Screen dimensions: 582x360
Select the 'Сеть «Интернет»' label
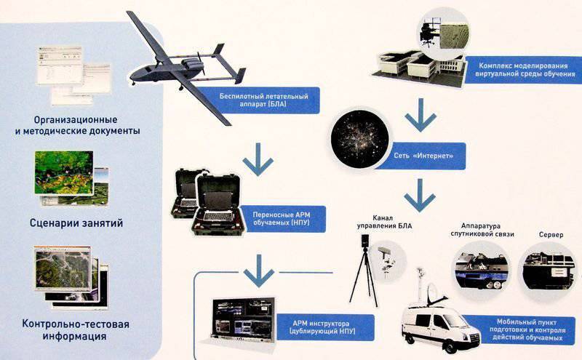coord(423,156)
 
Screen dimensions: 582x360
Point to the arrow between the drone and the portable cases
coord(258,159)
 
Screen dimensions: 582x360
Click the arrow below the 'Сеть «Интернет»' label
coord(420,195)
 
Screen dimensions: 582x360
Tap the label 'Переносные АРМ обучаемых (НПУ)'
coord(281,219)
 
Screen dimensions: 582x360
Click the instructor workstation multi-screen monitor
coord(243,319)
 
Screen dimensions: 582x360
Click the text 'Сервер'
coord(551,235)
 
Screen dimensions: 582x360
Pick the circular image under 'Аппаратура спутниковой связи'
coord(481,269)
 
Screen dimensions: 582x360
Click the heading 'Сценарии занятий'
coord(76,223)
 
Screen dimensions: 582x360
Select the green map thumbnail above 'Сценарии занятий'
coord(64,172)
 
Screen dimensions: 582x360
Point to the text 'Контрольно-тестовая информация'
coord(76,330)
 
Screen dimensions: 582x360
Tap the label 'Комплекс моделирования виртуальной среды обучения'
coord(523,70)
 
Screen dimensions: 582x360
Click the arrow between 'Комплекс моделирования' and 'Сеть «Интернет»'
coord(420,115)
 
